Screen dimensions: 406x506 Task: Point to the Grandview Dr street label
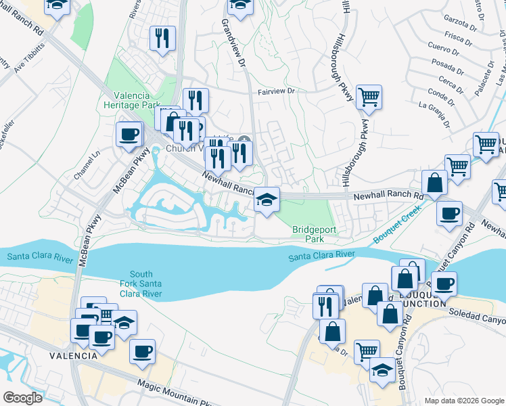(233, 41)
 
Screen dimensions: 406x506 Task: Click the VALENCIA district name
(70, 355)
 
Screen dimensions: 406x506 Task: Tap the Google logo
(22, 397)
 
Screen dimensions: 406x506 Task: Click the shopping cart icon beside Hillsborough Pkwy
(369, 97)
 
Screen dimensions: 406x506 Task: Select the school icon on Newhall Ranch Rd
(267, 200)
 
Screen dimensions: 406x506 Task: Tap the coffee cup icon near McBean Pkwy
(129, 133)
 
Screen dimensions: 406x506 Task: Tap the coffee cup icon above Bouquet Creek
(449, 214)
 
